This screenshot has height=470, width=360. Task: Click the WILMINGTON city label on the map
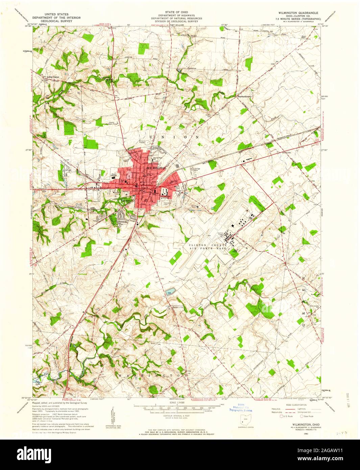pos(156,168)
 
